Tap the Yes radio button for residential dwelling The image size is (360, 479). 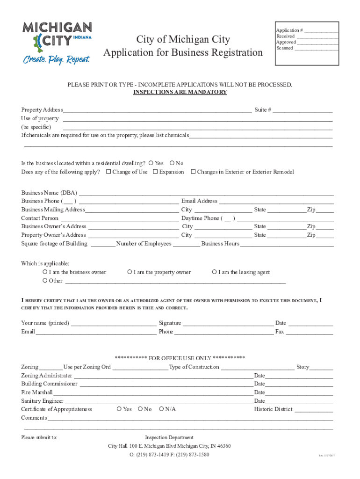point(151,163)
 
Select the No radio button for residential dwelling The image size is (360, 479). point(172,163)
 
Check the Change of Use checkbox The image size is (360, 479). point(108,172)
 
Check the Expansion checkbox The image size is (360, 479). point(155,172)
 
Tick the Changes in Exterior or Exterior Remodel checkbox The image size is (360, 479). point(193,172)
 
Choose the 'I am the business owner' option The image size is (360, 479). point(45,272)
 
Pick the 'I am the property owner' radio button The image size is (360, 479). point(130,272)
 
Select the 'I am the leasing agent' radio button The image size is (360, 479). point(214,272)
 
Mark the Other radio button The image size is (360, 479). point(45,281)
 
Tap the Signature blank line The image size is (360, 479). point(228,324)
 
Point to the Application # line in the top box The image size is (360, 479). point(321,31)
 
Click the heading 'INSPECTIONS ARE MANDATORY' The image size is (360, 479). point(180,92)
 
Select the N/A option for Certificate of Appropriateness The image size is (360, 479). point(161,409)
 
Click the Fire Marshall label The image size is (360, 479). point(37,392)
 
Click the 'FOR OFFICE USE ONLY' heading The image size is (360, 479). point(180,358)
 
